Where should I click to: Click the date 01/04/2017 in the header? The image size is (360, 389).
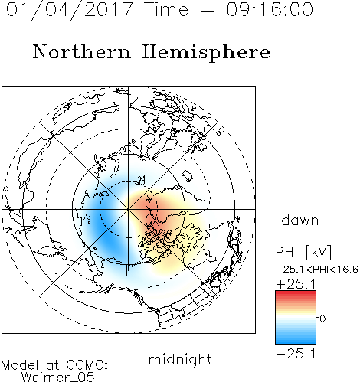click(x=69, y=10)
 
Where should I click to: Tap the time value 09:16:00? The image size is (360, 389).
click(x=270, y=9)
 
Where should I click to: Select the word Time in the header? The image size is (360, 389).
click(x=166, y=9)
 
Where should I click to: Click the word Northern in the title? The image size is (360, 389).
click(x=82, y=51)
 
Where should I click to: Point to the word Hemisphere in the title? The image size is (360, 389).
click(x=206, y=53)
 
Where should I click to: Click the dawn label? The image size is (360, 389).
click(x=300, y=221)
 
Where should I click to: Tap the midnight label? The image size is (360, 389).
click(x=180, y=359)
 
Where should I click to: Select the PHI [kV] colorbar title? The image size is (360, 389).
click(x=303, y=252)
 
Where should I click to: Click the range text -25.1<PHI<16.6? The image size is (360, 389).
click(x=317, y=270)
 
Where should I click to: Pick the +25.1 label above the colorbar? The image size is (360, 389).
click(x=296, y=284)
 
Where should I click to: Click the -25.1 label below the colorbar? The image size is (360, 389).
click(x=296, y=354)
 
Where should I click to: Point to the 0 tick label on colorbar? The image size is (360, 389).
click(x=322, y=319)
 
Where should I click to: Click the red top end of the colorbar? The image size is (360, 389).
click(x=296, y=293)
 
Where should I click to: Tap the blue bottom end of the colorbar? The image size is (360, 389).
click(x=296, y=342)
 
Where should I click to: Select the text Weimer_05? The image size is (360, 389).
click(x=57, y=378)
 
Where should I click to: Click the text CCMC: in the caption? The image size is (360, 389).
click(x=87, y=364)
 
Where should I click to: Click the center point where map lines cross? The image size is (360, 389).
click(x=129, y=209)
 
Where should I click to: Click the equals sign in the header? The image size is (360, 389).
click(x=208, y=10)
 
